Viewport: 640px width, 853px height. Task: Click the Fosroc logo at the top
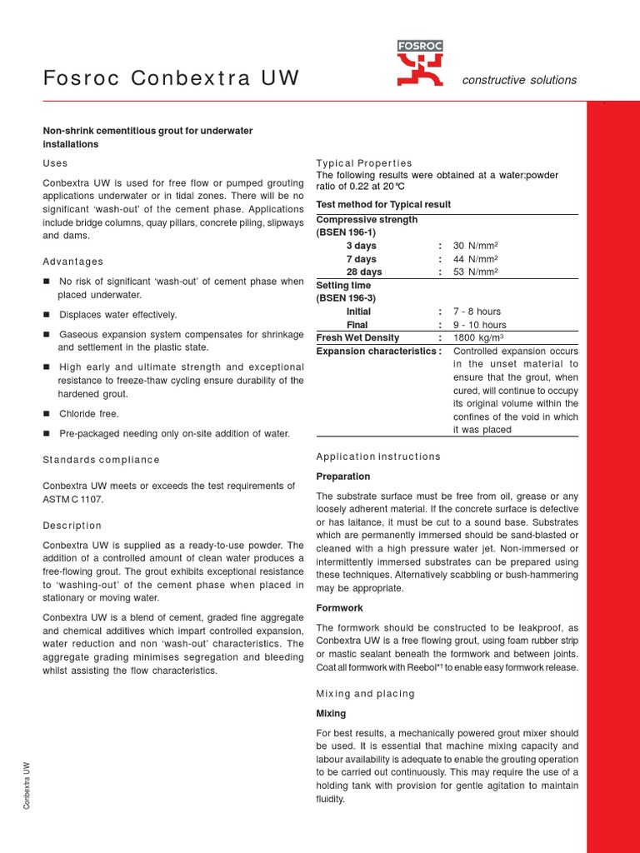(420, 64)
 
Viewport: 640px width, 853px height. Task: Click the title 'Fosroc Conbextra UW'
(171, 79)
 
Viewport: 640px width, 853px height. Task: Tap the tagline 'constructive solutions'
(519, 80)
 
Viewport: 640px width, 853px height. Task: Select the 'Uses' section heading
(55, 163)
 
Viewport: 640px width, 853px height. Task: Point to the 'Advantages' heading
(72, 262)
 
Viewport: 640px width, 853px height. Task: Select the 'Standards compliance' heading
(101, 460)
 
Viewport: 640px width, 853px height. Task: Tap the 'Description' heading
(72, 526)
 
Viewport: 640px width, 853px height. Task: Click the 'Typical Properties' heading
(363, 163)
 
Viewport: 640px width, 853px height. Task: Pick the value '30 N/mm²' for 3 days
(475, 246)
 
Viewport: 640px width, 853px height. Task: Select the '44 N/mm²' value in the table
(475, 259)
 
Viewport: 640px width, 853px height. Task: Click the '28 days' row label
(364, 272)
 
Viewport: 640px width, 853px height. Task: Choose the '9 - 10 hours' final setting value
(479, 324)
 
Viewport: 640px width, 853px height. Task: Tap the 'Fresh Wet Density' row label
(357, 337)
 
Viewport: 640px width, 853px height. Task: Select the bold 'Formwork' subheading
(339, 608)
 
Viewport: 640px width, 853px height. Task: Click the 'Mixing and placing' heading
(365, 694)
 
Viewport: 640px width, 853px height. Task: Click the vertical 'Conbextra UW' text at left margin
(27, 785)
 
